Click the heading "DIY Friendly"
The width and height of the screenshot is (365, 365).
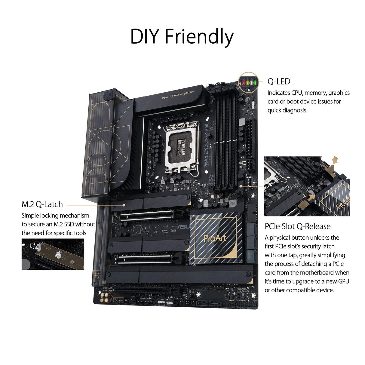tap(182, 37)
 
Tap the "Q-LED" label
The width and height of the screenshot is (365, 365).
tap(279, 81)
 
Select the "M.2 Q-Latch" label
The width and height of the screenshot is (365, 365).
tap(42, 204)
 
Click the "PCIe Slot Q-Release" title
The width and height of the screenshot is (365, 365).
tap(297, 226)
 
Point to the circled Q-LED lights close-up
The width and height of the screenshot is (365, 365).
tap(248, 82)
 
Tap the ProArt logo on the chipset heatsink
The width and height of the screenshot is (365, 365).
tap(215, 238)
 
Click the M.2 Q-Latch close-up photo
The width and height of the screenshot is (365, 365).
tap(53, 254)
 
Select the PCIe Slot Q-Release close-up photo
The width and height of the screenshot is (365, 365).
tap(307, 186)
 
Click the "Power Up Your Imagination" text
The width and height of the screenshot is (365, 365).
tap(178, 95)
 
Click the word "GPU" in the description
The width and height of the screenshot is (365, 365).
tap(343, 281)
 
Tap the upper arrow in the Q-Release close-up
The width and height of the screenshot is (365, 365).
tap(335, 160)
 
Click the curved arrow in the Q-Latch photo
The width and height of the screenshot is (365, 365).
tap(32, 246)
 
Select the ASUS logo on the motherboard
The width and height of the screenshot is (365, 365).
tap(182, 227)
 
